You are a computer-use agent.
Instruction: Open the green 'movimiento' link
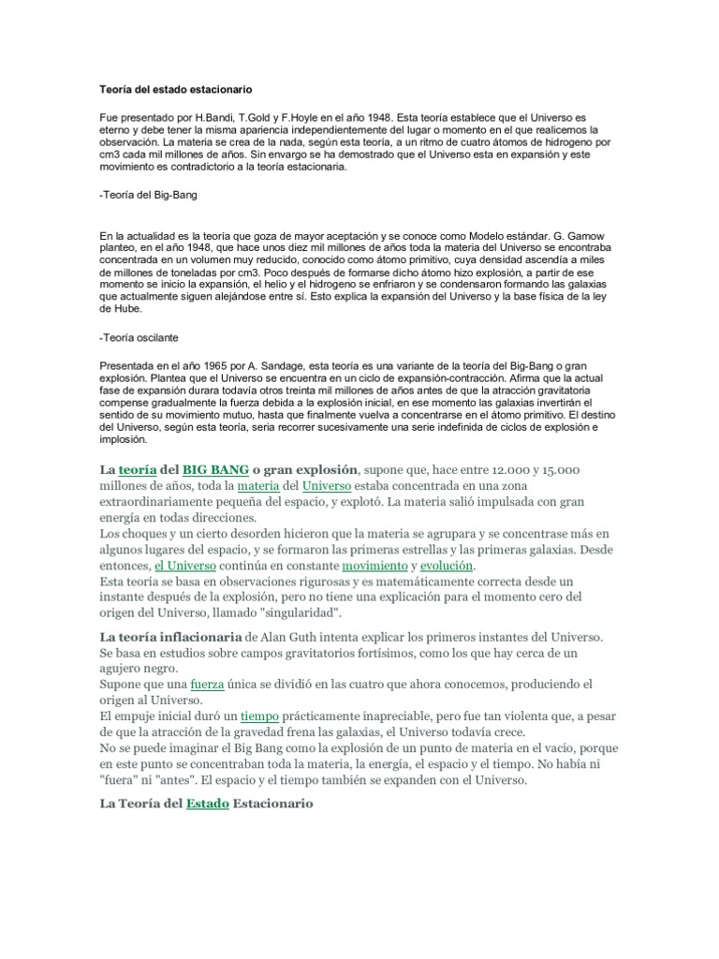point(374,567)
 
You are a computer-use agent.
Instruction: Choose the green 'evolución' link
point(447,567)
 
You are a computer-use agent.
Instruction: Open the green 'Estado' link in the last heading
point(207,804)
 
